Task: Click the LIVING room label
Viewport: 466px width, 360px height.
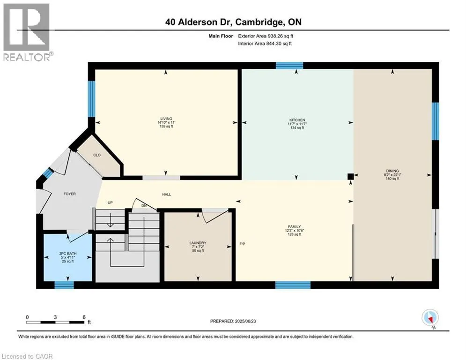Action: [166, 119]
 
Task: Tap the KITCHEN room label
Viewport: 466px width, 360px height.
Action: [296, 120]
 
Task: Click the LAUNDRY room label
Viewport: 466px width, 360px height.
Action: [197, 243]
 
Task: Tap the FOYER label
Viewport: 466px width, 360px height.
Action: [69, 194]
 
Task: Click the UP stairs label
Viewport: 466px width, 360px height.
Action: [111, 203]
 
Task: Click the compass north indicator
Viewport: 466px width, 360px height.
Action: [429, 318]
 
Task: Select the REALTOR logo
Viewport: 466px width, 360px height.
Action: [27, 32]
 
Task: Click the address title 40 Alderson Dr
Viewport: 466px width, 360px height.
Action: [233, 22]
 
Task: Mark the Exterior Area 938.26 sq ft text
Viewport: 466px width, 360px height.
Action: [265, 35]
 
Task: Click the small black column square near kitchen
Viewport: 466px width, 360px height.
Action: [350, 176]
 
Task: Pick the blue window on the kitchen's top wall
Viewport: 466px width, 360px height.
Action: [289, 66]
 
